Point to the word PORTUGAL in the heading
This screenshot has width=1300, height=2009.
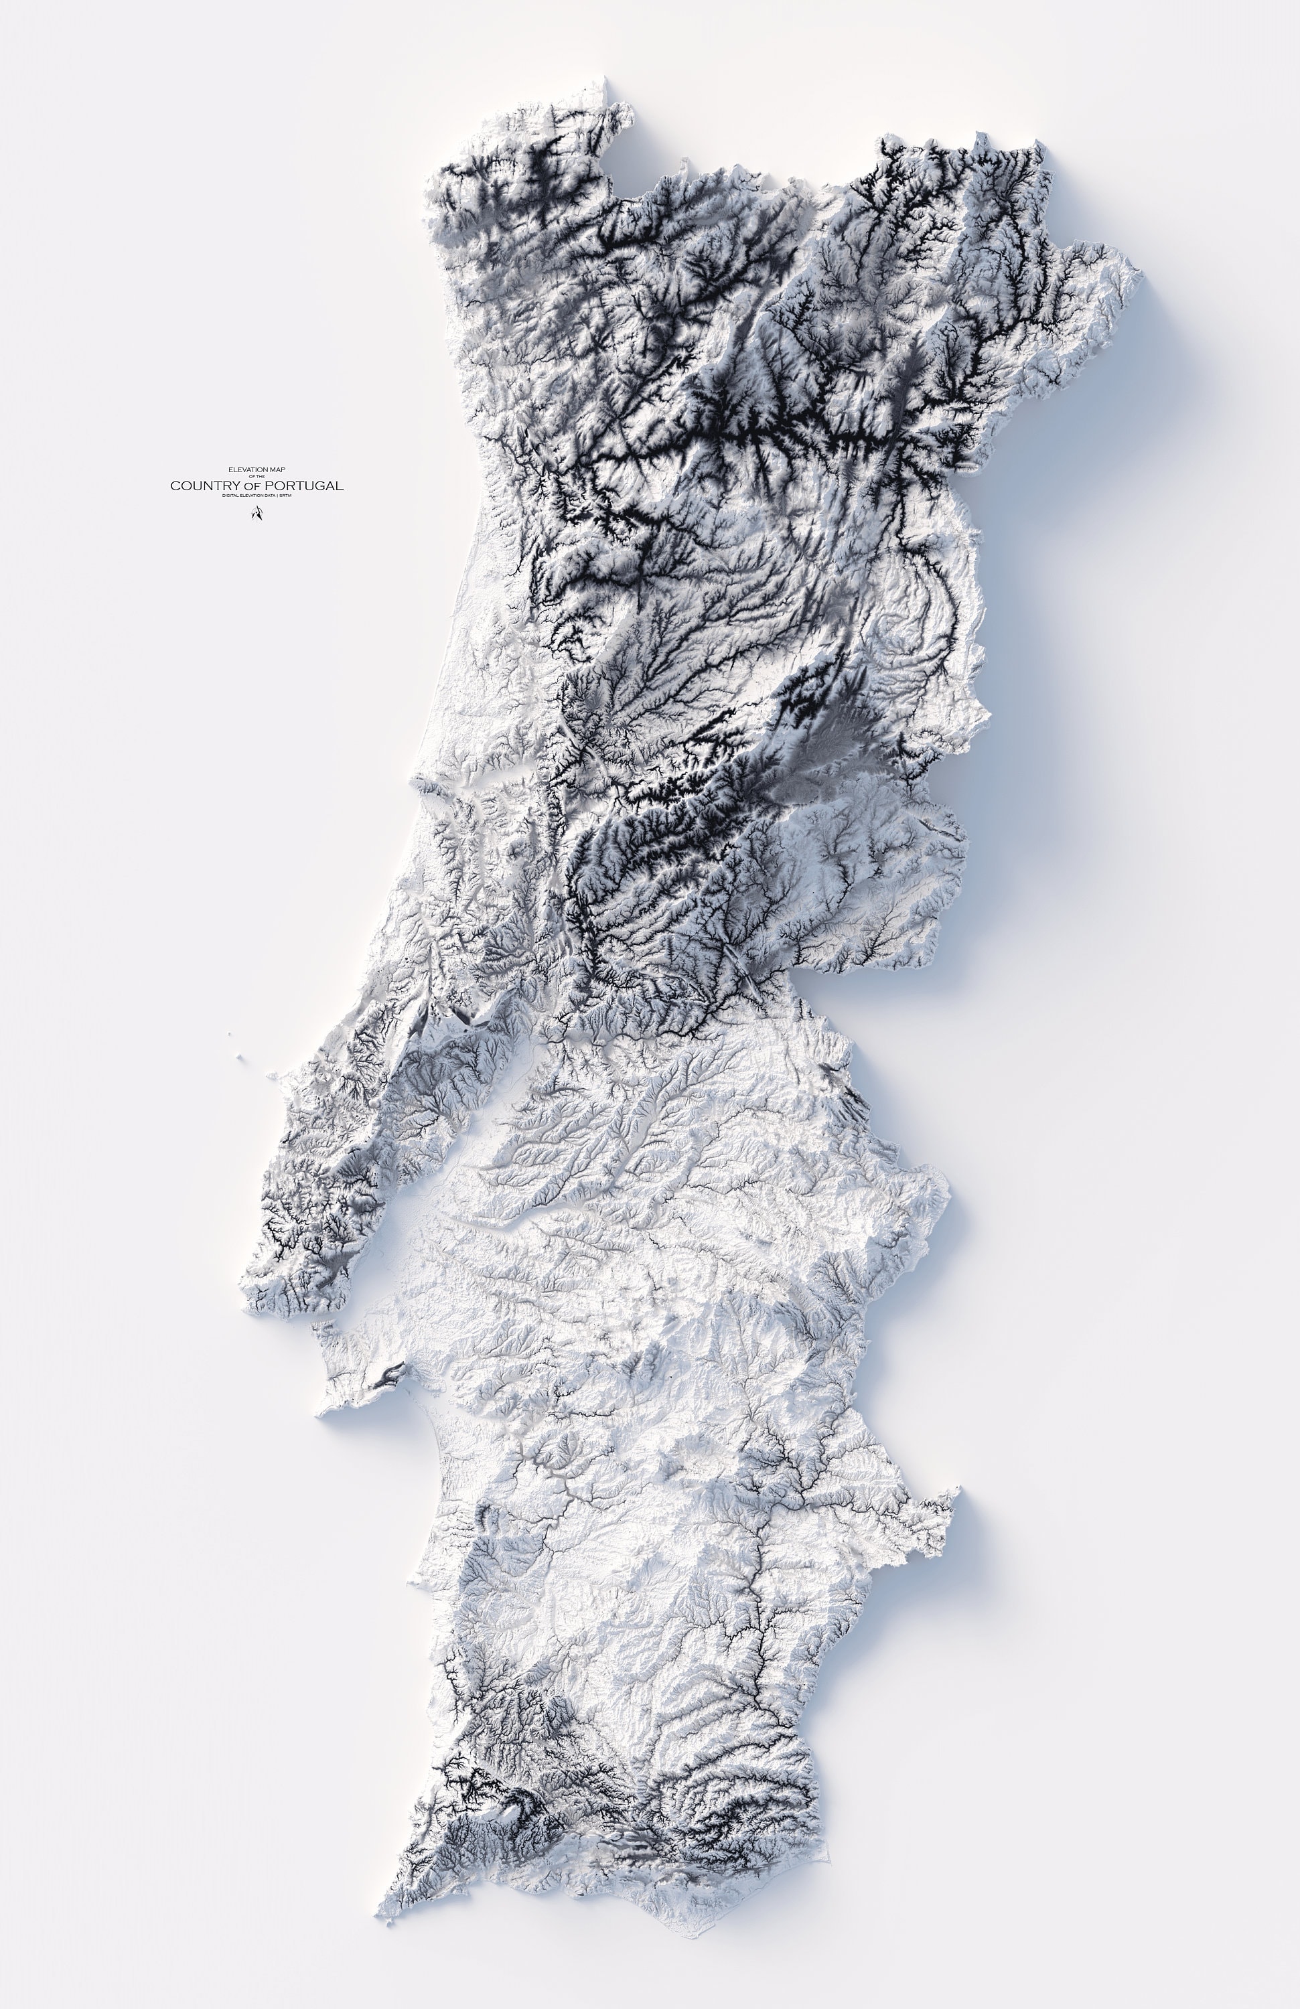click(307, 486)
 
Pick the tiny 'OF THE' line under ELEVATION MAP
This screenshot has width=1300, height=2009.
click(257, 476)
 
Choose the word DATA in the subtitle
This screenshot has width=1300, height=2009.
click(275, 496)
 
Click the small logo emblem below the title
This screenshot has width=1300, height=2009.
click(256, 513)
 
